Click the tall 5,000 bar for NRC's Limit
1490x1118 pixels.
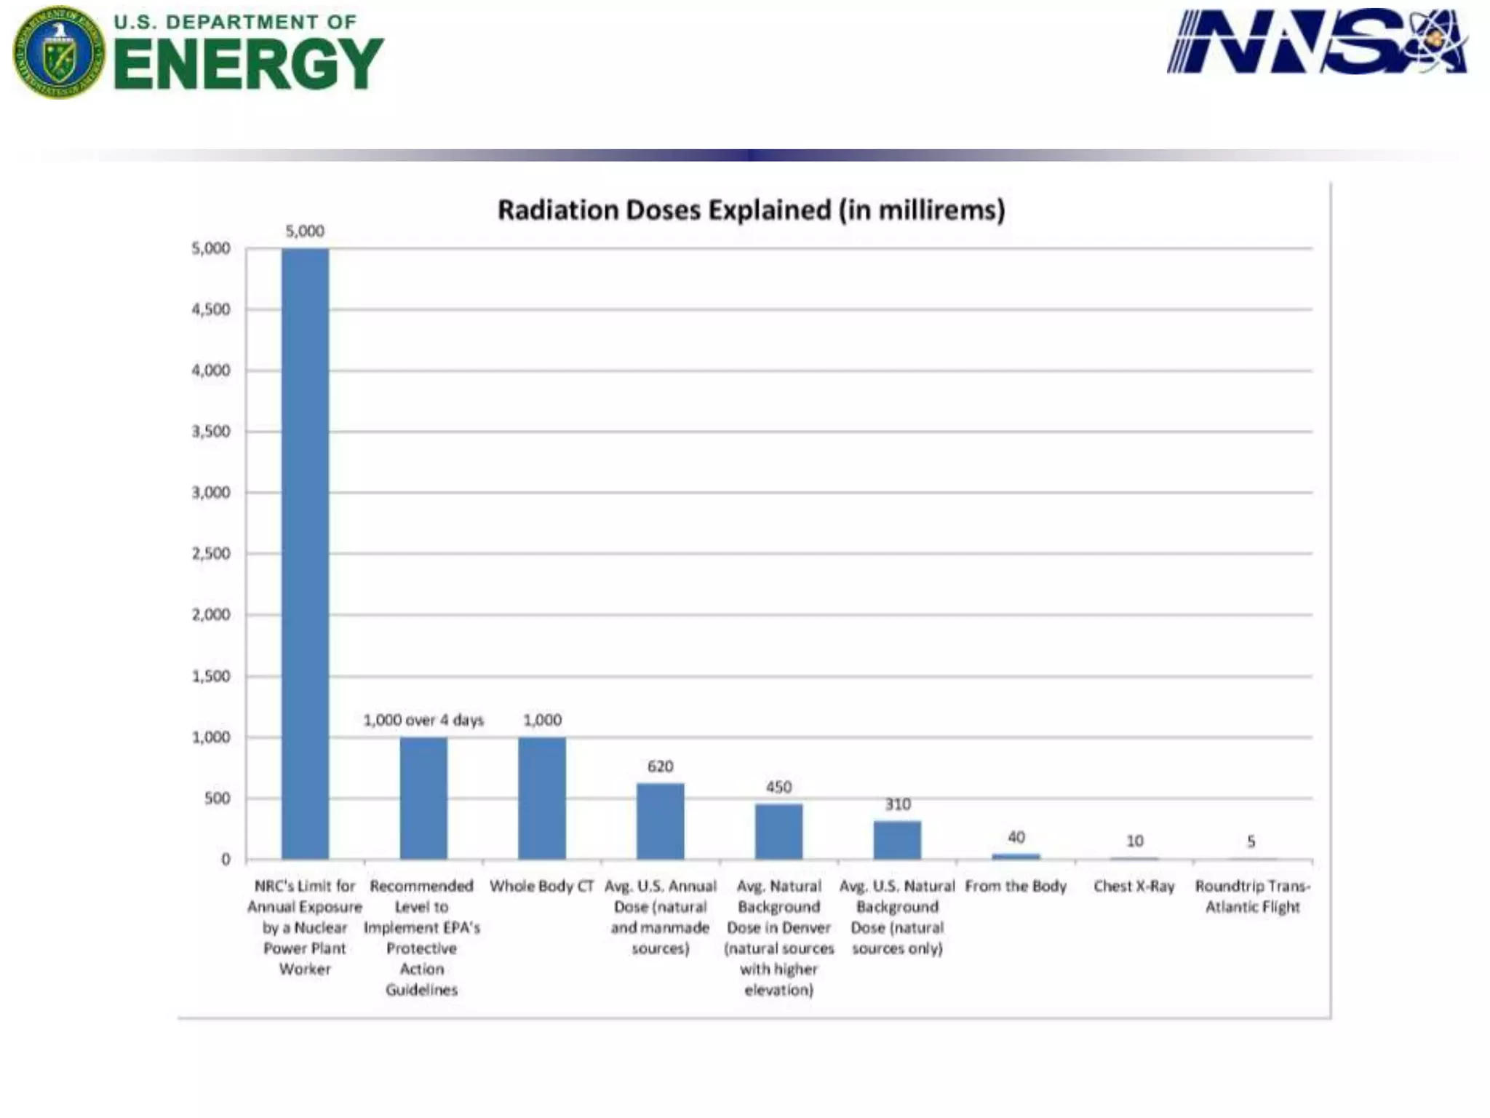tap(305, 553)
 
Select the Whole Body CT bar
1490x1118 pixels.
tap(541, 798)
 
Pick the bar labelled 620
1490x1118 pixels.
tap(660, 821)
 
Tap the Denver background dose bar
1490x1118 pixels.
tap(778, 831)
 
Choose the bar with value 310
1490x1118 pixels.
tap(897, 840)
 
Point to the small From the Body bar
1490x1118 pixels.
tap(1016, 857)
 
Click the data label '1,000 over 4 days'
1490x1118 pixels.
tap(423, 720)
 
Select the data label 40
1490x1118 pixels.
tap(1016, 837)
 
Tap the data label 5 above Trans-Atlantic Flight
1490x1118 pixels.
tap(1251, 841)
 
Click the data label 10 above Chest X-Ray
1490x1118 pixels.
tap(1134, 841)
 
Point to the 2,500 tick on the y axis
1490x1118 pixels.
tap(210, 553)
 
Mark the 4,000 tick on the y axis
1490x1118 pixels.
tap(210, 370)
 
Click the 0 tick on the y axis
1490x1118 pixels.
tap(226, 860)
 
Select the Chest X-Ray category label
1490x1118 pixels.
tap(1134, 887)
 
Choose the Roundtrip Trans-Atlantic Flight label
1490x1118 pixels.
tap(1252, 896)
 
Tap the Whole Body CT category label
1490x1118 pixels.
tap(541, 887)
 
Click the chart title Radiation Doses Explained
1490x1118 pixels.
tap(751, 210)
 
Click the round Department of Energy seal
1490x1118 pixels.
tap(59, 52)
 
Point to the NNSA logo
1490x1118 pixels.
tap(1317, 41)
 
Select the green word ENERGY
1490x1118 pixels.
tap(248, 64)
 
